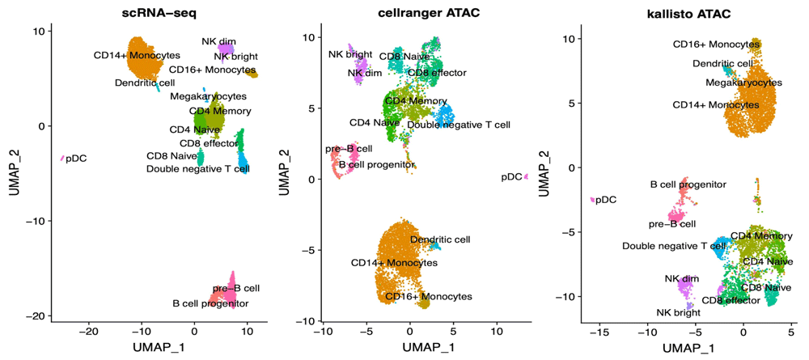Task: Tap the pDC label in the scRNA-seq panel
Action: pos(78,158)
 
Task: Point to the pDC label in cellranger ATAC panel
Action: pos(511,176)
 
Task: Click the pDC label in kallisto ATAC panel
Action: pos(606,199)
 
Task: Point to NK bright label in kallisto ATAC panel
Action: pos(679,311)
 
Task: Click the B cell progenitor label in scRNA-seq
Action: pos(210,304)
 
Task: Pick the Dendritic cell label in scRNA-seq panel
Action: pos(144,83)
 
